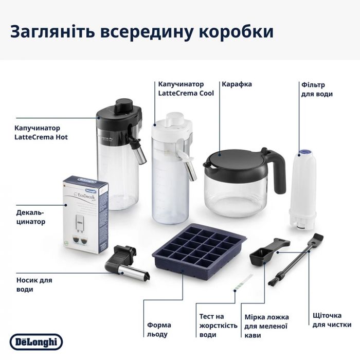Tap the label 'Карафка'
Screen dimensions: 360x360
(237, 84)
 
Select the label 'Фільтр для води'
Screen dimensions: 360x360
(317, 89)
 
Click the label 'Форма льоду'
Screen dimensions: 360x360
(159, 329)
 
